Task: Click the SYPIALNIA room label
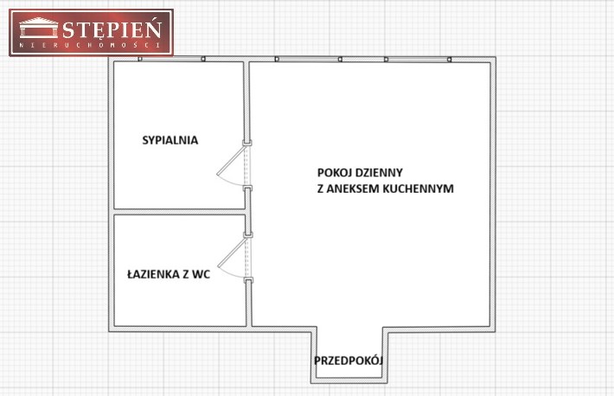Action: pyautogui.click(x=170, y=140)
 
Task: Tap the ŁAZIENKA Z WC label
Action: pyautogui.click(x=169, y=274)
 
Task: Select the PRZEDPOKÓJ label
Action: pyautogui.click(x=349, y=361)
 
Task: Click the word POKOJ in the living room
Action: pyautogui.click(x=332, y=172)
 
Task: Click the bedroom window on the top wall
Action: pyautogui.click(x=171, y=59)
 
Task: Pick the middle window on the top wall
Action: pyautogui.click(x=309, y=59)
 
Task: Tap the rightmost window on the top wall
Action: pyautogui.click(x=418, y=59)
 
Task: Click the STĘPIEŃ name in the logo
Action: pyautogui.click(x=112, y=29)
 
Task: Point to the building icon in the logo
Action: pyautogui.click(x=39, y=28)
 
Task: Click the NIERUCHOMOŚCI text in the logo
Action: pyautogui.click(x=90, y=45)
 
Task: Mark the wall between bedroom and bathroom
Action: pyautogui.click(x=179, y=212)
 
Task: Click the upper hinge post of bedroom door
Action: pyautogui.click(x=247, y=143)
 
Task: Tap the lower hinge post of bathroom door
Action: pyautogui.click(x=248, y=280)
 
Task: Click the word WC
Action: pyautogui.click(x=201, y=274)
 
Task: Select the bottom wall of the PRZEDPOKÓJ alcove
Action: pyautogui.click(x=349, y=380)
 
